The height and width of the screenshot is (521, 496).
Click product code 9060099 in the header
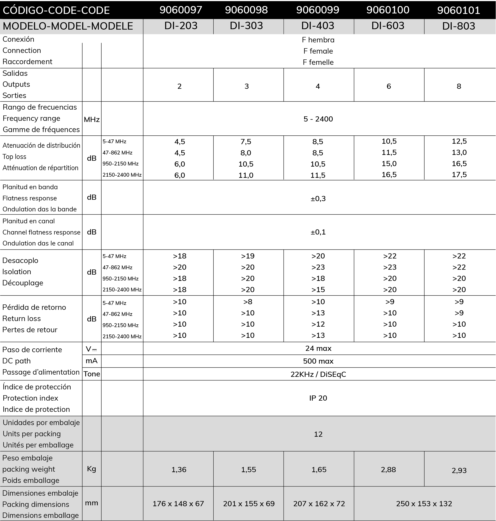[318, 10]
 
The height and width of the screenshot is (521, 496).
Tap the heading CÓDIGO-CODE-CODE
[56, 10]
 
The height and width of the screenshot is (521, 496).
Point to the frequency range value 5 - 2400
[318, 119]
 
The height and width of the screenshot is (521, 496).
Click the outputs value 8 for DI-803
[459, 86]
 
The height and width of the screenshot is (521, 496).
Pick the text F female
[318, 51]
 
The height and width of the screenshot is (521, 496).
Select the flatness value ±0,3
[318, 199]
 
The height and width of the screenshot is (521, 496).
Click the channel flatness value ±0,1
[318, 232]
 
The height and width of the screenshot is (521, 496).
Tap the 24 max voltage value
[318, 349]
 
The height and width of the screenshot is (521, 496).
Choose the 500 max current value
[318, 361]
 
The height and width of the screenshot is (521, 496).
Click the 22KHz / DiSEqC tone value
[318, 374]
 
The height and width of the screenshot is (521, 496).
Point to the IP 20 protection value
[318, 398]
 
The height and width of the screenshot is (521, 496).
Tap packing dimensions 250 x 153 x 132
[424, 504]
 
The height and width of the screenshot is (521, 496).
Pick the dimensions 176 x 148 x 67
[178, 504]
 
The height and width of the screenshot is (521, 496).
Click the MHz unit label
[91, 119]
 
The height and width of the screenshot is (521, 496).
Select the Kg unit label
[91, 469]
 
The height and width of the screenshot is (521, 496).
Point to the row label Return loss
[22, 318]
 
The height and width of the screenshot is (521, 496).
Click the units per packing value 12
[318, 434]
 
